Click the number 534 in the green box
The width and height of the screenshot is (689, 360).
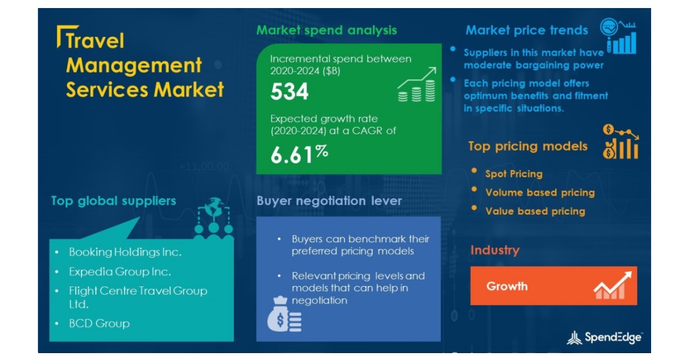[289, 91]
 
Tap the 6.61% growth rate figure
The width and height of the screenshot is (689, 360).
[299, 154]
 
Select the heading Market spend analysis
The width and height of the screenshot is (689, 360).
[326, 30]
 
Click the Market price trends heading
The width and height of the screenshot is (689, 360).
[527, 30]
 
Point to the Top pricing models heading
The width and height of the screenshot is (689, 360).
[528, 146]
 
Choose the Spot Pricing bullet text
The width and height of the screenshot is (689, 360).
[514, 174]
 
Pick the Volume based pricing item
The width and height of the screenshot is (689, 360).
[540, 192]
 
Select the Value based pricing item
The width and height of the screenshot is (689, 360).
[535, 211]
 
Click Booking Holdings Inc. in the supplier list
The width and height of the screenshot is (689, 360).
[125, 252]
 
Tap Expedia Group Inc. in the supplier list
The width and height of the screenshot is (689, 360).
[119, 272]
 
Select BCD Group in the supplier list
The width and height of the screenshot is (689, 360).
[99, 323]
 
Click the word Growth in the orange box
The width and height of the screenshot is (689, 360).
[507, 287]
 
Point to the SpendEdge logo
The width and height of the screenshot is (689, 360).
[604, 338]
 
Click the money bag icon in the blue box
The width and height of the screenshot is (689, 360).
[284, 314]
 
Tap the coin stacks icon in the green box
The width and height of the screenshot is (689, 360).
[417, 84]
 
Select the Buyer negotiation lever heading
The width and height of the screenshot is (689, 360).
[329, 201]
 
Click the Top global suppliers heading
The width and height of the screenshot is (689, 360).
[114, 201]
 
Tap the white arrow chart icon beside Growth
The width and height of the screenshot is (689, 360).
[613, 285]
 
